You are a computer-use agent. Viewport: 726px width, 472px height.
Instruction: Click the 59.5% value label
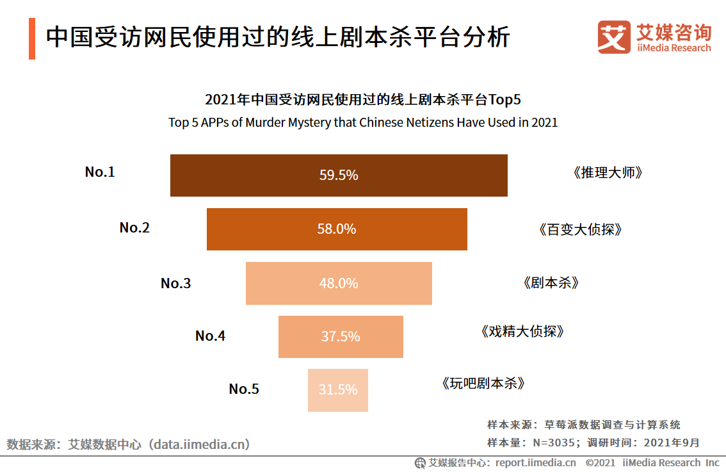click(339, 175)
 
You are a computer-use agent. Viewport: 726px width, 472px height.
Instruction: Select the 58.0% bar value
click(337, 229)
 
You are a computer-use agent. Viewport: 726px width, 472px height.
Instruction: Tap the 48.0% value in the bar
click(339, 283)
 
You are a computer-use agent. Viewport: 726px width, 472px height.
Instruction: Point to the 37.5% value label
click(341, 336)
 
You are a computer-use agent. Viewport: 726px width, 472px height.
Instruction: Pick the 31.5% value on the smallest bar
click(338, 389)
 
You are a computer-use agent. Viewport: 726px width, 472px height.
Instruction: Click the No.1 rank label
click(100, 172)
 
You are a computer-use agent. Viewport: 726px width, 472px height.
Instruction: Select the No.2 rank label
click(134, 227)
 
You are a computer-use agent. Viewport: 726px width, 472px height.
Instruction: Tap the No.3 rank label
click(175, 284)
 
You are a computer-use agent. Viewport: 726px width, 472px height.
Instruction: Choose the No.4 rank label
click(210, 336)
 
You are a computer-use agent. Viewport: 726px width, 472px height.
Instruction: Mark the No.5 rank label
click(244, 389)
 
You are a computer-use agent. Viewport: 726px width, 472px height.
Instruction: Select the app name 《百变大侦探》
click(580, 229)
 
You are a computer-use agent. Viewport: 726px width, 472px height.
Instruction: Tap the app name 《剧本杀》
click(551, 283)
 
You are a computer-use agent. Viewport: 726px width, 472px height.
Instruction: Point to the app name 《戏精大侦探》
click(522, 331)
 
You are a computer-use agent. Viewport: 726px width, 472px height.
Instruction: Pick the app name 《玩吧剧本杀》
click(483, 384)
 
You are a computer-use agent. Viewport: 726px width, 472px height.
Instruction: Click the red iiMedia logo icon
click(614, 37)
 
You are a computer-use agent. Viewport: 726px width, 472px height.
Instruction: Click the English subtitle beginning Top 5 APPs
click(363, 122)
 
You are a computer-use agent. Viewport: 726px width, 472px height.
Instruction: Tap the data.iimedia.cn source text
click(200, 444)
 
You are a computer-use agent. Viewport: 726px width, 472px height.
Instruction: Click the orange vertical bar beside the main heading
click(32, 39)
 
